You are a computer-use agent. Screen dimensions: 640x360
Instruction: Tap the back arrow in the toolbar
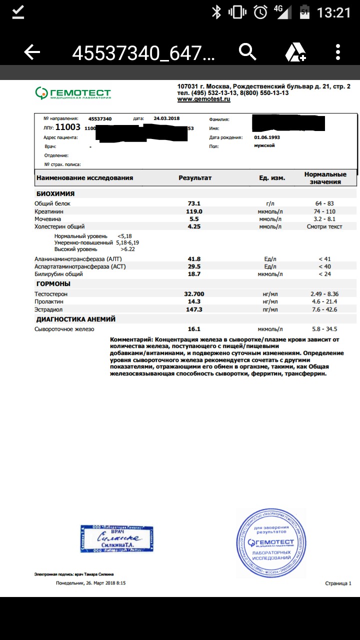(x=32, y=52)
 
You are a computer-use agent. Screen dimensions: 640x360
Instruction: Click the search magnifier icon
(x=247, y=52)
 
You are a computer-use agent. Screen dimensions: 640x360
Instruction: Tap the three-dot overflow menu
(x=338, y=52)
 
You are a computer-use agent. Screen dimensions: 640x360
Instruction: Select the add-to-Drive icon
(x=295, y=52)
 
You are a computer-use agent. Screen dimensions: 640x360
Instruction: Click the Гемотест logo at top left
(x=73, y=92)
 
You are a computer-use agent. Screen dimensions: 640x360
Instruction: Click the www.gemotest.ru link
(x=203, y=99)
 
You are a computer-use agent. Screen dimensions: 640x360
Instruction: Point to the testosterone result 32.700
(x=194, y=294)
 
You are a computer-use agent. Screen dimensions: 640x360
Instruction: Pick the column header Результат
(x=195, y=177)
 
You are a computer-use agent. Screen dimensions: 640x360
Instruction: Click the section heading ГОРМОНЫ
(x=53, y=284)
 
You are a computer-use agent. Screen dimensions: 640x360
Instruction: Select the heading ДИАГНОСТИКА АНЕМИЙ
(x=76, y=319)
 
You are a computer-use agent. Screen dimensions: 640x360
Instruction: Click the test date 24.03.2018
(x=166, y=118)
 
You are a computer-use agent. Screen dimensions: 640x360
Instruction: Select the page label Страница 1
(x=338, y=583)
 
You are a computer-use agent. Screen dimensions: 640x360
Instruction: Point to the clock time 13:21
(x=334, y=12)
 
